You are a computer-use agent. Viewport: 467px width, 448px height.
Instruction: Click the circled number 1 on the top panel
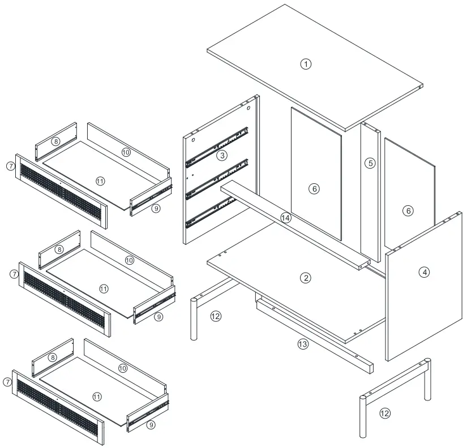tap(306, 64)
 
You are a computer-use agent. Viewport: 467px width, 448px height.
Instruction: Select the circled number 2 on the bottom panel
tap(306, 278)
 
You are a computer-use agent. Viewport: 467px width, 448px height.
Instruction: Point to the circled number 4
tap(425, 272)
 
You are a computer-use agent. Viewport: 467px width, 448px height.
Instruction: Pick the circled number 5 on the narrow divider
tap(370, 163)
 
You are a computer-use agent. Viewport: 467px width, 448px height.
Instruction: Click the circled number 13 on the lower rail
tap(303, 344)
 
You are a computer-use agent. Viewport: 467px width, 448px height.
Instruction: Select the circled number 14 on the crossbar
tap(285, 217)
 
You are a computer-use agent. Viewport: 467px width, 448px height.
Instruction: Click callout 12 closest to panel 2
tap(215, 316)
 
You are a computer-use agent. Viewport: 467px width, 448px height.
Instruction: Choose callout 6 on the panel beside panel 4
tap(408, 211)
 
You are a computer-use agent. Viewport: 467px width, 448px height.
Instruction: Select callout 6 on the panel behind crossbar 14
tap(315, 189)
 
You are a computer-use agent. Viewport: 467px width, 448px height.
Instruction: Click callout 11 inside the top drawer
tap(100, 181)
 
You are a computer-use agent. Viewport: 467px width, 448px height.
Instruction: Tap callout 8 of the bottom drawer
tap(52, 357)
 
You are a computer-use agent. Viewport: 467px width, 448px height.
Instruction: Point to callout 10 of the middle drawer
tap(130, 260)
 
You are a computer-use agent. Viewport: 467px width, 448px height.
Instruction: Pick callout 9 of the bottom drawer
tap(150, 424)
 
